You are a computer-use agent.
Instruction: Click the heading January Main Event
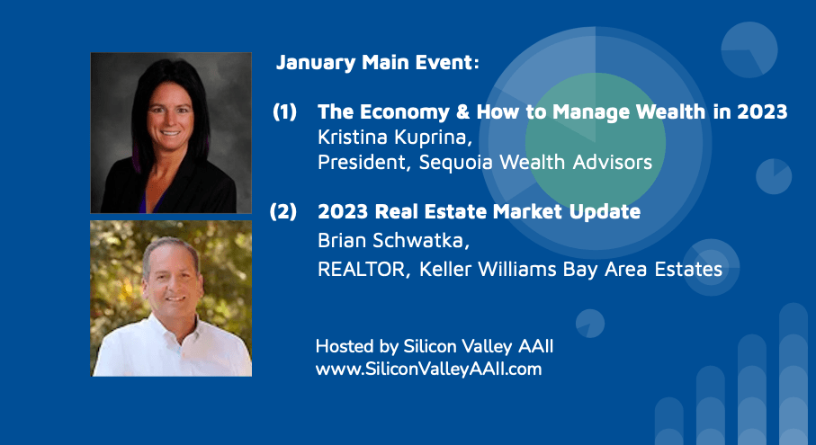click(377, 62)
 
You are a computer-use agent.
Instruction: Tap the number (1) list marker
click(284, 111)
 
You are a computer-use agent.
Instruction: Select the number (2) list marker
click(283, 211)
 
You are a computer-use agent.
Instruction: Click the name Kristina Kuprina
click(394, 138)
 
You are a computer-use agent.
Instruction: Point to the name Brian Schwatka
click(393, 240)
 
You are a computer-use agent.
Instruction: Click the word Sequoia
click(455, 162)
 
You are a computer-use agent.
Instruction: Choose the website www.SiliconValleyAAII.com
click(428, 369)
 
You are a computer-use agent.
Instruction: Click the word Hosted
click(345, 346)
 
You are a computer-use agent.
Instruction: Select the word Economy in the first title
click(404, 112)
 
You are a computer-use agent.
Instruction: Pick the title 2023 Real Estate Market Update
click(479, 211)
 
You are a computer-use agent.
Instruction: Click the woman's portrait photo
click(171, 132)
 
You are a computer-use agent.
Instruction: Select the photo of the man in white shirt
click(171, 298)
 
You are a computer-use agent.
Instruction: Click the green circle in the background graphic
click(596, 141)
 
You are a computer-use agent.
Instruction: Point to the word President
click(361, 162)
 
